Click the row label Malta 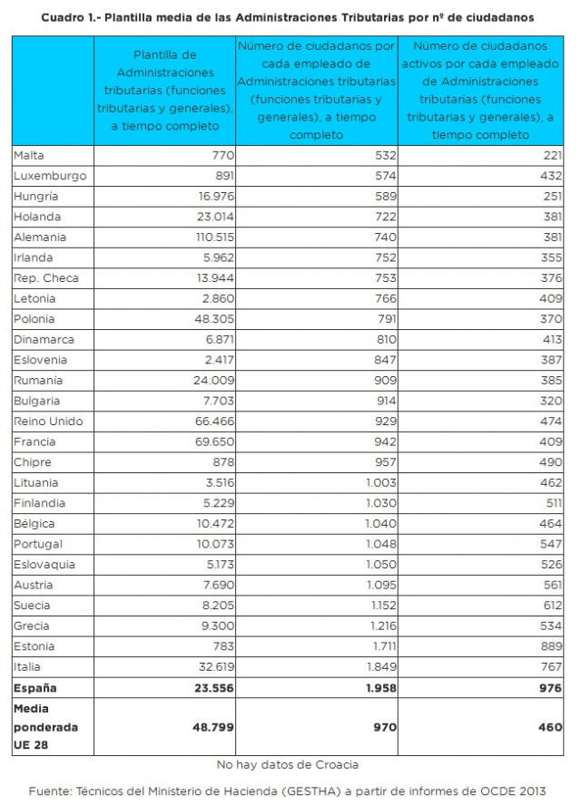[x=28, y=155]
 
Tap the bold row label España [x=34, y=688]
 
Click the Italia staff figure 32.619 [x=213, y=667]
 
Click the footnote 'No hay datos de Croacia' [x=287, y=764]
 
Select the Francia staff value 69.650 [x=212, y=441]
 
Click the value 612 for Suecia [x=548, y=606]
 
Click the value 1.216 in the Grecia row [x=380, y=626]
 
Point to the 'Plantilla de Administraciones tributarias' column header [x=164, y=90]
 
